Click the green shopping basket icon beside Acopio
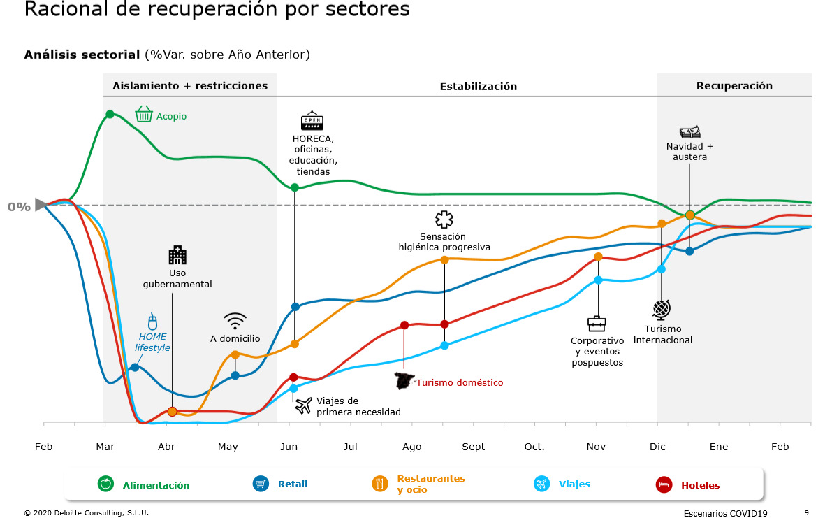[x=144, y=114]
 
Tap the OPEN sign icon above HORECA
[x=312, y=121]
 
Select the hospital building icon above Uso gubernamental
[x=177, y=254]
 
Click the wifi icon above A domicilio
[x=235, y=321]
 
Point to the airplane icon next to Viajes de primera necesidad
[x=303, y=405]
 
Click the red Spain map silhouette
[x=404, y=381]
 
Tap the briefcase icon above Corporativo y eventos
[x=597, y=324]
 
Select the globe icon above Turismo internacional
[x=662, y=309]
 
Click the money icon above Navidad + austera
[x=689, y=132]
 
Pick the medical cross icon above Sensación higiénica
[x=444, y=220]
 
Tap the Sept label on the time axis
[x=473, y=447]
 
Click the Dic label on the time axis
[x=657, y=447]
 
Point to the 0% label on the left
[x=19, y=207]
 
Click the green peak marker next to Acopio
[x=110, y=114]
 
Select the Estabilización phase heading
[x=478, y=87]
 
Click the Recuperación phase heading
[x=734, y=86]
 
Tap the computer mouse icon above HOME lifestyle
[x=152, y=322]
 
